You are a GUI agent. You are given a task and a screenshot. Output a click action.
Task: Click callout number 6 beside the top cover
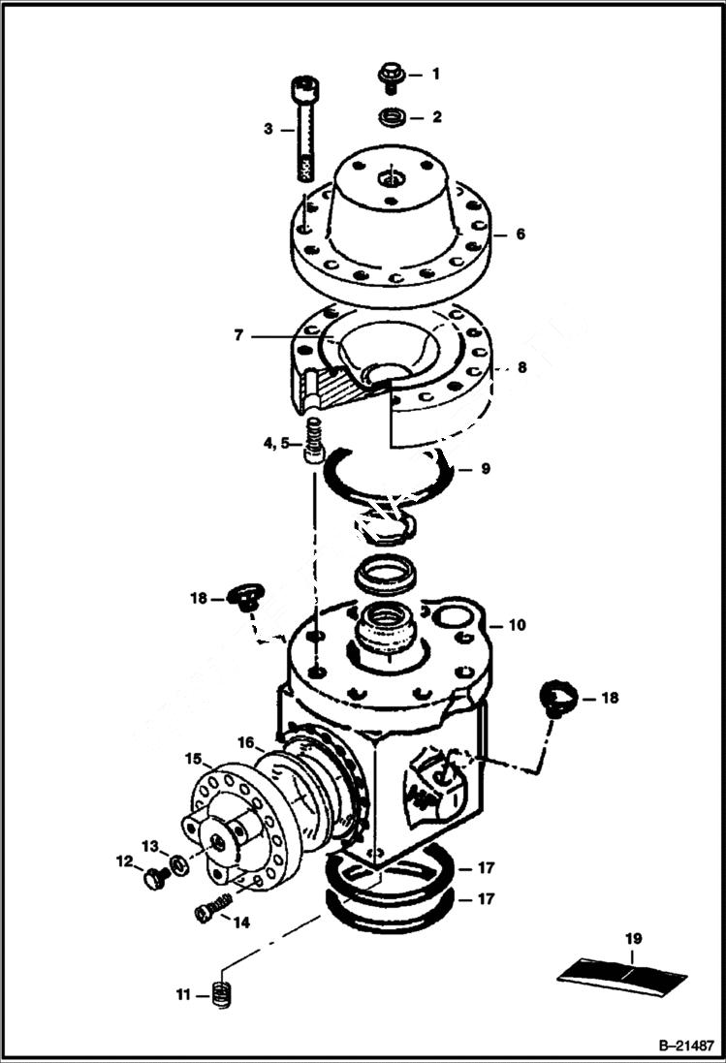[x=521, y=234]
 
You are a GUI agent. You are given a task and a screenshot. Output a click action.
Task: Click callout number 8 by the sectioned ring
[x=521, y=368]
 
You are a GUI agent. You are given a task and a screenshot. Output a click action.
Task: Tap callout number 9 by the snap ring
[x=486, y=468]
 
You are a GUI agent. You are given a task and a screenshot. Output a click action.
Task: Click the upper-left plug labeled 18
[x=243, y=597]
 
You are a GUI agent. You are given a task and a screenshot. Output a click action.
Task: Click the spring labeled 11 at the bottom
[x=223, y=993]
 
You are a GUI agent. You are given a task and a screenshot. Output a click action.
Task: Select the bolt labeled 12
[x=153, y=879]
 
